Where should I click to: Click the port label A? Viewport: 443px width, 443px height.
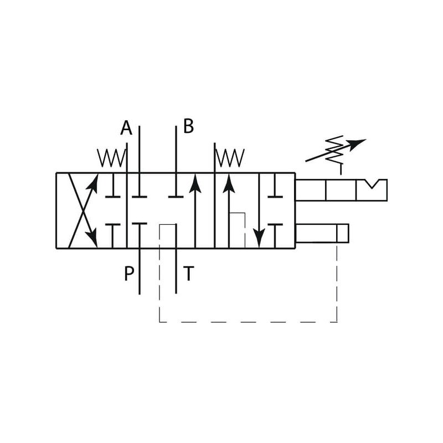point(126,127)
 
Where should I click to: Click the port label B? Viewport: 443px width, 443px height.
point(188,126)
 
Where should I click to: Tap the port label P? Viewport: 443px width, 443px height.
point(129,273)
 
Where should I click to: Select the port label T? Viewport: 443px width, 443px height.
point(188,273)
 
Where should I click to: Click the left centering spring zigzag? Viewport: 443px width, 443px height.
point(112,158)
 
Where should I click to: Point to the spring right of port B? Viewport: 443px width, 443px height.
point(230,158)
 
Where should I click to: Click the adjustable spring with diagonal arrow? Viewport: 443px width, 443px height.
point(336,150)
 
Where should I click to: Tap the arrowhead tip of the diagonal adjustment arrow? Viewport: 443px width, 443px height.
point(366,140)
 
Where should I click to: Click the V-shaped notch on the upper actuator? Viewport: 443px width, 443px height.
point(373,184)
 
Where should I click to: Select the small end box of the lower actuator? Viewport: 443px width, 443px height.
point(343,233)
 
